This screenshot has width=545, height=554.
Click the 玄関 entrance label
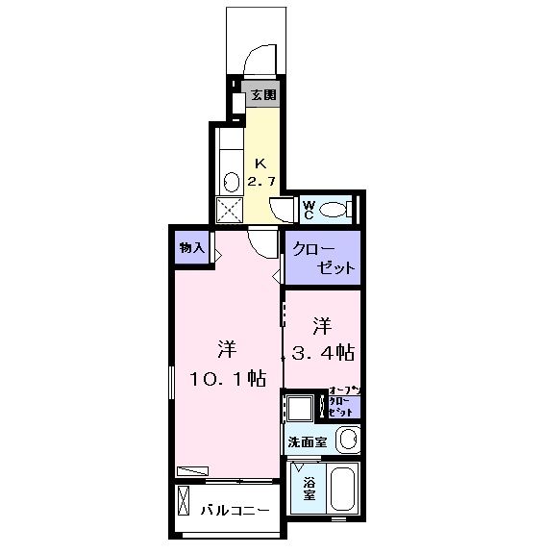coord(263,95)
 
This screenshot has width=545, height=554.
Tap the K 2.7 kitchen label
coord(260,172)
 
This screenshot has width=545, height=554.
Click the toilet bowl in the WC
coord(334,209)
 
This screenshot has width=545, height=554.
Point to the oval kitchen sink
coord(231,180)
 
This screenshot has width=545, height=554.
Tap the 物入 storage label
coord(191,247)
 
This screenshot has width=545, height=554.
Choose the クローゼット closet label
coord(322,258)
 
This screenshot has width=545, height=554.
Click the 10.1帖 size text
coord(228,378)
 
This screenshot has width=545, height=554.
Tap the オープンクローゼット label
coord(343,401)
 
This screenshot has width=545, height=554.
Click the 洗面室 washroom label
coord(308,441)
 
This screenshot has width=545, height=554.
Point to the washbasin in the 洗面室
coord(348,441)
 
